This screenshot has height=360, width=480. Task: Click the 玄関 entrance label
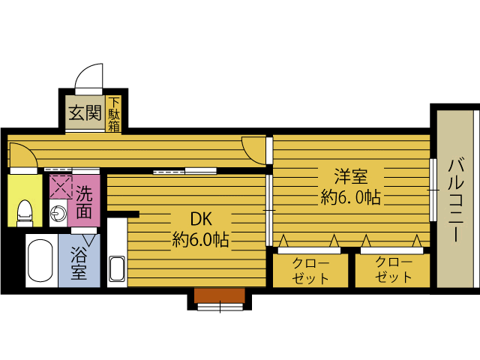pos(85,113)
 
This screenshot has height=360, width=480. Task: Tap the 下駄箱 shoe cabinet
pos(114,115)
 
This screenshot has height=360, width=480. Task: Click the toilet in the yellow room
pos(24,212)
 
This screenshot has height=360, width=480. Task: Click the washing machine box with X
pos(60,186)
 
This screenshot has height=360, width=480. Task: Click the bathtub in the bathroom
pos(38,262)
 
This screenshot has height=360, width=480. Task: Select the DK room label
pos(200,220)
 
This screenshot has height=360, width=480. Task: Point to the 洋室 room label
pos(350,177)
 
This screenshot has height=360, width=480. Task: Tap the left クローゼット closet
pos(310,269)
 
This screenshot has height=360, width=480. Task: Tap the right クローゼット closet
pos(392,269)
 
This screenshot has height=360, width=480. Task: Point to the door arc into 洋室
pos(256,150)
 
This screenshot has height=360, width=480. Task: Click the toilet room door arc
pos(21,155)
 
